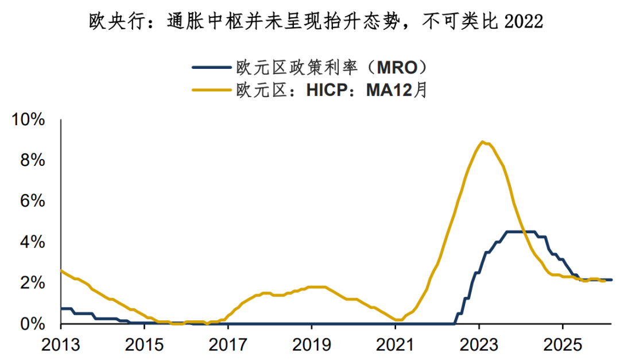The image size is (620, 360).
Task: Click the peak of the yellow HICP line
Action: pyautogui.click(x=483, y=142)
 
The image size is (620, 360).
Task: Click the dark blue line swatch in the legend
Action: pyautogui.click(x=211, y=68)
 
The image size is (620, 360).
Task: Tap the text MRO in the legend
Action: pyautogui.click(x=393, y=68)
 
